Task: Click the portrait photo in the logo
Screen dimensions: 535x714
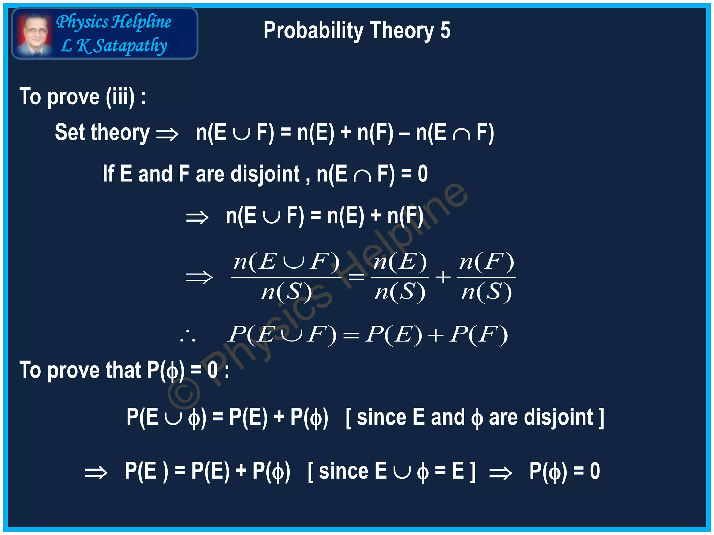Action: click(x=34, y=33)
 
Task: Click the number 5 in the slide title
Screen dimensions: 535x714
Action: click(x=445, y=30)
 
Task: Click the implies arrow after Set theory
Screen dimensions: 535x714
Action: click(x=167, y=134)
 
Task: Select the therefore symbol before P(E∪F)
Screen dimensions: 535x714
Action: click(x=188, y=335)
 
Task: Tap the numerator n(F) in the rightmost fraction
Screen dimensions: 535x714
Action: click(x=486, y=262)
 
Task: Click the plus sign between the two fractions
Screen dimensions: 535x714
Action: click(x=443, y=277)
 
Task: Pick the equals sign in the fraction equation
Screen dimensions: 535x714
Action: click(x=356, y=277)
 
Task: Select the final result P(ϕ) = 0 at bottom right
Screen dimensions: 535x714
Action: click(x=564, y=471)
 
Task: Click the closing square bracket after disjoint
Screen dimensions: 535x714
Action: click(x=601, y=418)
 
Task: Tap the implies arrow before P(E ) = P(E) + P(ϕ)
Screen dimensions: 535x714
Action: click(x=96, y=473)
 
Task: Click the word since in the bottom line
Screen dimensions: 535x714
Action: click(x=343, y=471)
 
